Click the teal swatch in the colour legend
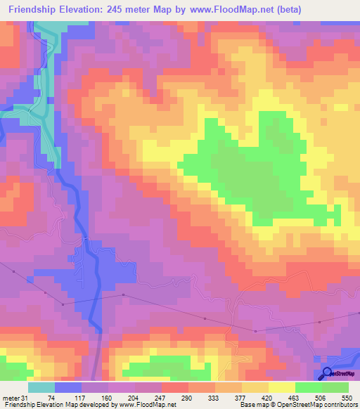click(x=41, y=387)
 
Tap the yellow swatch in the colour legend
click(x=281, y=387)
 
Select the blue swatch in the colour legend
click(x=68, y=387)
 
